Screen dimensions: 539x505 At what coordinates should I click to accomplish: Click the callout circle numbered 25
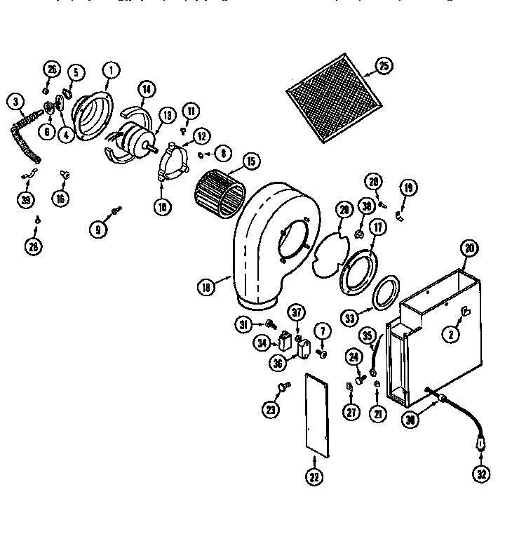[383, 67]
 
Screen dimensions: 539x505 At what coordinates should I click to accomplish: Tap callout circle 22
[313, 478]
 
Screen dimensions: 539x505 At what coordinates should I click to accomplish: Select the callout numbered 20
[469, 248]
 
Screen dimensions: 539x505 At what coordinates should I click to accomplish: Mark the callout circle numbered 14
[146, 89]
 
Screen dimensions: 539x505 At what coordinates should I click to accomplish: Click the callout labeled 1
[110, 70]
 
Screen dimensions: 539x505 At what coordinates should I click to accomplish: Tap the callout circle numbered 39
[27, 199]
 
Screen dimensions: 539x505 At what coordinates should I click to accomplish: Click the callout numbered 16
[61, 199]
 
